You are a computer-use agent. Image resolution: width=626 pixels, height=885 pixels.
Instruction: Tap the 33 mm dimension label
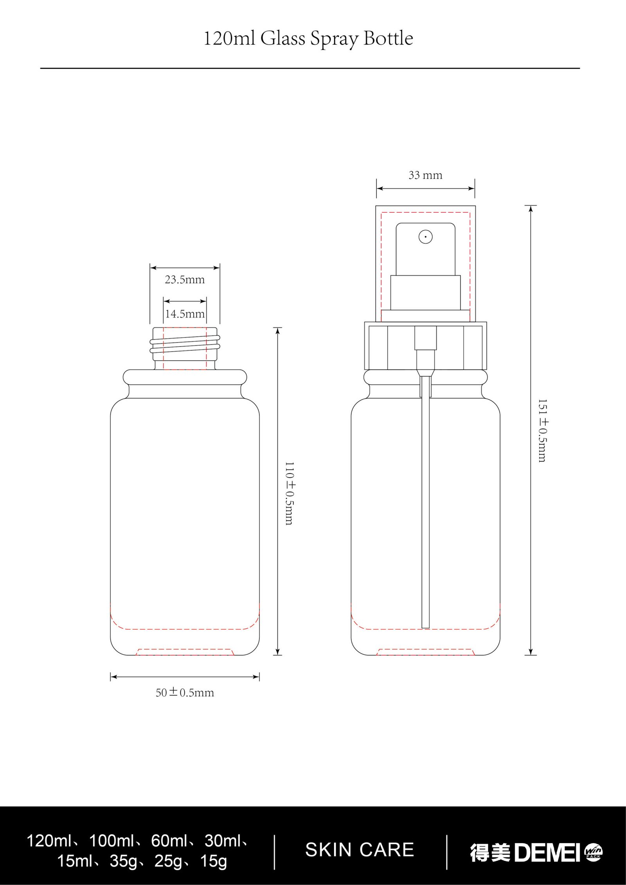point(425,175)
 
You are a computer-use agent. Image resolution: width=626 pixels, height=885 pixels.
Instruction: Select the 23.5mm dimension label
point(185,280)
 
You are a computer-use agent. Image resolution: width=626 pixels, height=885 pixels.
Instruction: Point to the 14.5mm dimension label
point(185,314)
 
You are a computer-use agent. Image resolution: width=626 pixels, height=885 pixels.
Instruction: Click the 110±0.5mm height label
point(289,493)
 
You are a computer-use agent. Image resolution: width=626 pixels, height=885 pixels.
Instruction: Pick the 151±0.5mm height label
point(542,431)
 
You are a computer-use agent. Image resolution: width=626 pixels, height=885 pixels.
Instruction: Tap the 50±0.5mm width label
point(185,693)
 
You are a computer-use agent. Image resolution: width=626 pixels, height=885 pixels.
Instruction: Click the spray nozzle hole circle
point(425,237)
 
